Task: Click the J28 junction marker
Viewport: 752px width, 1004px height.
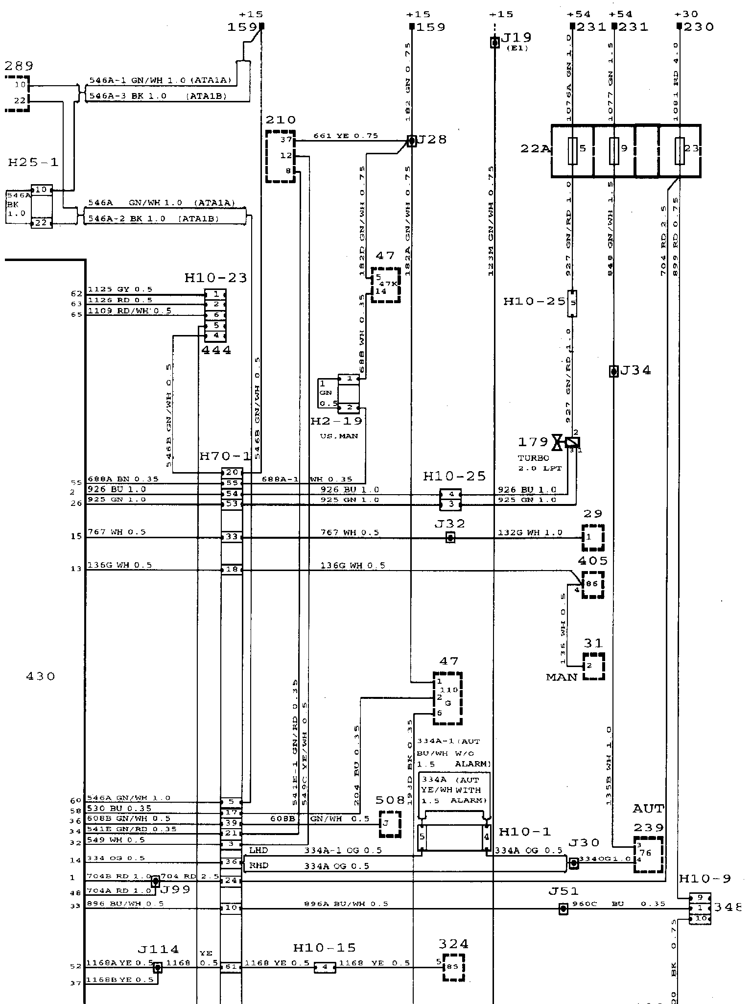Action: (x=412, y=141)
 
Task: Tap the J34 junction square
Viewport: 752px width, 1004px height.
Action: (x=613, y=371)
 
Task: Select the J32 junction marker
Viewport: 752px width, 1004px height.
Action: (x=450, y=538)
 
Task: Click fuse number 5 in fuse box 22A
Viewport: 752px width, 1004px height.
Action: (x=572, y=150)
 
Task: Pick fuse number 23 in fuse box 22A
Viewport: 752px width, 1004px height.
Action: (x=680, y=150)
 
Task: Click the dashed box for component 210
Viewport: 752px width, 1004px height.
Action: (x=281, y=156)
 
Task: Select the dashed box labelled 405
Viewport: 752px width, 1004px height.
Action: (x=592, y=585)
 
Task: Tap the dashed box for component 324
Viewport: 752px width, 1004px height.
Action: (x=453, y=967)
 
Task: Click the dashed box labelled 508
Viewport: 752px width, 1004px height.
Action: (x=390, y=824)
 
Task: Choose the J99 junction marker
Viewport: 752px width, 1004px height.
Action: (x=155, y=882)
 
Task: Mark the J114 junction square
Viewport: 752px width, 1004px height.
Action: (x=158, y=967)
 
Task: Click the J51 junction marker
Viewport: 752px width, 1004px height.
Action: (x=564, y=909)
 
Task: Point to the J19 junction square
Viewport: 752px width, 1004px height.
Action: (x=495, y=43)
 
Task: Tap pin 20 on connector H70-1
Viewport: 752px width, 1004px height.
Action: (x=232, y=473)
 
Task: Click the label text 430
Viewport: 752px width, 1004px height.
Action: (x=40, y=676)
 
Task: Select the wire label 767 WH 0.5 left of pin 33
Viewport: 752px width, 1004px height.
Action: (x=117, y=532)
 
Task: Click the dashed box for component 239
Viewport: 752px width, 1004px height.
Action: (x=649, y=854)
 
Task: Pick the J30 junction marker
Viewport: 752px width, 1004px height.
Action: (x=573, y=864)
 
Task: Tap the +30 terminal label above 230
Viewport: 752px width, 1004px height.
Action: (x=685, y=14)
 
